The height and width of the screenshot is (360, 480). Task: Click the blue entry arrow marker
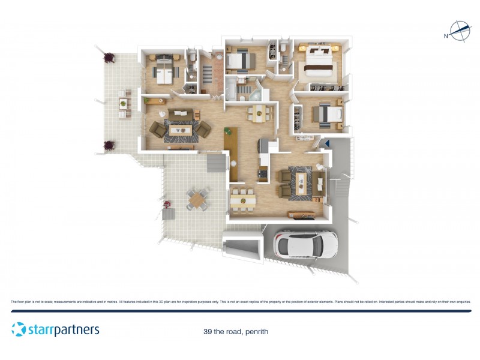click(x=327, y=143)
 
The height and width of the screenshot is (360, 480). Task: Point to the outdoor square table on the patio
click(x=198, y=199)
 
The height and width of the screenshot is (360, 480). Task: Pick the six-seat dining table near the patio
click(x=243, y=199)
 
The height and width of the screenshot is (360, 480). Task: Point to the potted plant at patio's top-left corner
click(x=109, y=58)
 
